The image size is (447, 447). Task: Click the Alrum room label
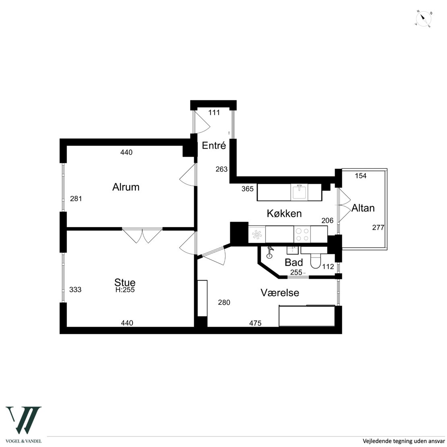tap(126, 187)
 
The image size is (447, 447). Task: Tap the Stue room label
tap(125, 282)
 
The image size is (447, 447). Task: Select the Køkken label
tap(284, 213)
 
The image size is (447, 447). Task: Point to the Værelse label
tap(280, 292)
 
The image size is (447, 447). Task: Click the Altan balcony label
tap(363, 208)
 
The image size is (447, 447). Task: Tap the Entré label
tap(214, 145)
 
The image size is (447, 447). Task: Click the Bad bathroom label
tap(294, 262)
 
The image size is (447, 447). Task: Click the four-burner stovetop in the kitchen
tap(302, 234)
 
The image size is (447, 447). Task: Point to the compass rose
tap(423, 19)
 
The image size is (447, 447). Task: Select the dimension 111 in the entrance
tap(214, 113)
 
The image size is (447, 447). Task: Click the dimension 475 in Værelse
tap(255, 323)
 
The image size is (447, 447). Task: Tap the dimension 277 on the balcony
tap(378, 228)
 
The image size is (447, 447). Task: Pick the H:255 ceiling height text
tap(125, 290)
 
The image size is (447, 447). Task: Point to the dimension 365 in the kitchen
tap(247, 189)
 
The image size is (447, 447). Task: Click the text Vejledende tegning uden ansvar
tap(403, 441)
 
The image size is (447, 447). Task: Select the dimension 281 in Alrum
tap(76, 199)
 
